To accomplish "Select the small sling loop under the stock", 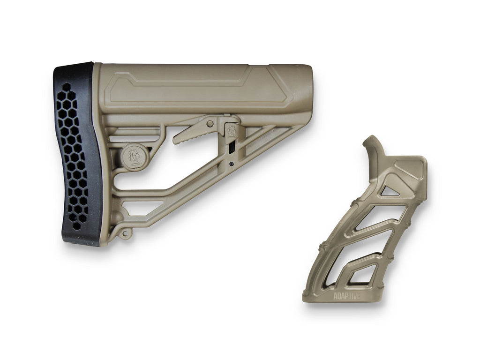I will (124, 233).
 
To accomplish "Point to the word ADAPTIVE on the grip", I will (347, 296).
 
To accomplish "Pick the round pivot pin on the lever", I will (210, 124).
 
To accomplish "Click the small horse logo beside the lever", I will (232, 131).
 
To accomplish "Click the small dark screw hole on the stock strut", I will (231, 164).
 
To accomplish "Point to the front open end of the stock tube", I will (305, 89).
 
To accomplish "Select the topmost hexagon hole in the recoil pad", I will (67, 87).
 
